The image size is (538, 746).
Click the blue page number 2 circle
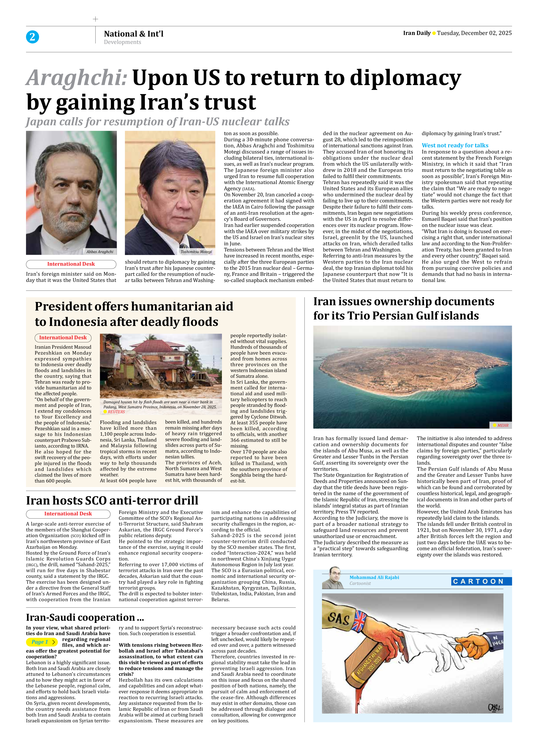click(x=32, y=37)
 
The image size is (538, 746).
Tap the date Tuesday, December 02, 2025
click(x=474, y=33)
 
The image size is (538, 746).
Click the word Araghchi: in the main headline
click(x=77, y=78)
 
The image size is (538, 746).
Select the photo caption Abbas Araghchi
click(x=100, y=252)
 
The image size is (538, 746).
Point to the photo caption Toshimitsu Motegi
click(x=196, y=252)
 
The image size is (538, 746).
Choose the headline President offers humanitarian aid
click(x=134, y=306)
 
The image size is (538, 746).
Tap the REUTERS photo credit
click(x=116, y=412)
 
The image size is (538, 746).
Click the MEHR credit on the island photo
click(x=502, y=425)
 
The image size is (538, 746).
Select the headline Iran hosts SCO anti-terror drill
click(x=112, y=500)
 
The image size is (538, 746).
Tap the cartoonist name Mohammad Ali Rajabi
click(x=374, y=577)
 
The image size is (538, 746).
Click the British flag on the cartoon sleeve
click(x=360, y=620)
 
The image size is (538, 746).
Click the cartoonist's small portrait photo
click(x=333, y=578)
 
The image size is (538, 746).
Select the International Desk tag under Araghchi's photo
click(x=71, y=264)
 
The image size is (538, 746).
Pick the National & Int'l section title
click(x=134, y=34)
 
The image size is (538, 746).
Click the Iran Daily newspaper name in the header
click(x=417, y=33)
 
